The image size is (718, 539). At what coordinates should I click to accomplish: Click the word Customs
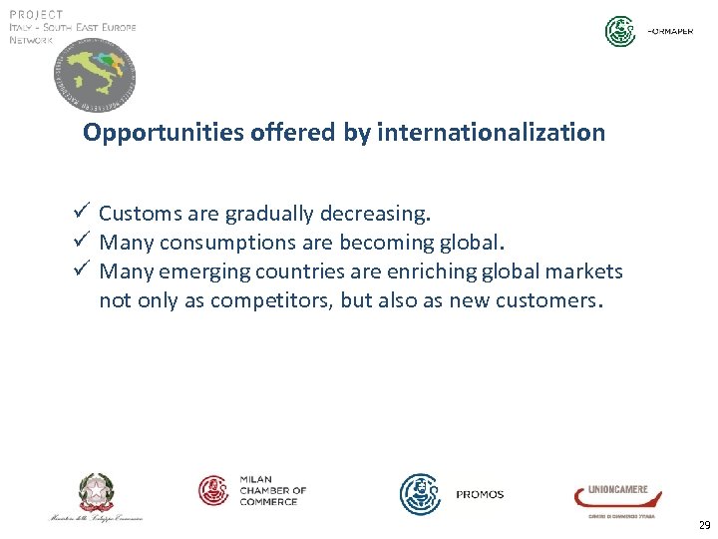[x=140, y=214]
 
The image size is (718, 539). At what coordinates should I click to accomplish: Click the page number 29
[x=704, y=525]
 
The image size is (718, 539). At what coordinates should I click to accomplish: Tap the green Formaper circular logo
[x=620, y=31]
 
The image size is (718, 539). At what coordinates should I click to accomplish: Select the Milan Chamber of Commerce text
[x=272, y=490]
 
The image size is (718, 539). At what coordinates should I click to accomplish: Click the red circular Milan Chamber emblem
[x=214, y=490]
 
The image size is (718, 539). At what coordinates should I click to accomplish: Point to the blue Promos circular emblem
[x=420, y=494]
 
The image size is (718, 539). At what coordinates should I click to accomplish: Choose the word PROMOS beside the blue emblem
[x=480, y=495]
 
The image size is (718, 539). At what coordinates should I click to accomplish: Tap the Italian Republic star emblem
[x=97, y=492]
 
